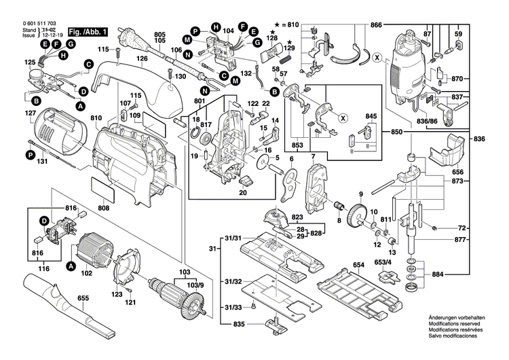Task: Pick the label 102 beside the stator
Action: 86,274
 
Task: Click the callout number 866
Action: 377,25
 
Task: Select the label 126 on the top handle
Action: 142,58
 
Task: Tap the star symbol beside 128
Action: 273,32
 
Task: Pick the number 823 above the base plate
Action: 297,218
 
